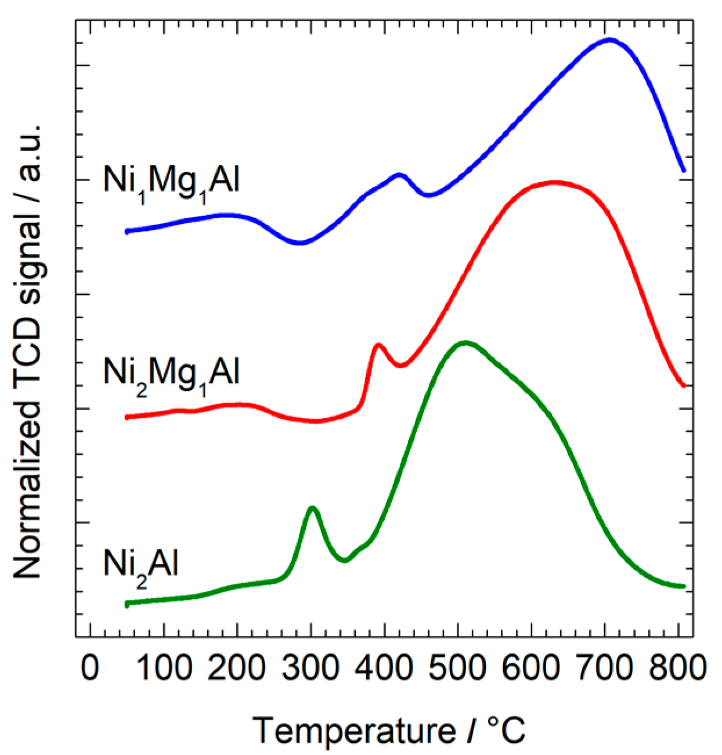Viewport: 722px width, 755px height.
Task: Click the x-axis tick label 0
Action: click(90, 669)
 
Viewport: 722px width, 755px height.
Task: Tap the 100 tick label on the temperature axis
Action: click(164, 669)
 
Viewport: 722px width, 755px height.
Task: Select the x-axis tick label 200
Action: click(237, 669)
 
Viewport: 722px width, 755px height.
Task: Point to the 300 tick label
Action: click(311, 669)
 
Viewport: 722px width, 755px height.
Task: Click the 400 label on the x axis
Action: click(384, 669)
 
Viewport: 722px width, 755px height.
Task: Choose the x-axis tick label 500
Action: click(458, 669)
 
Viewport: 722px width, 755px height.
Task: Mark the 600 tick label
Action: click(531, 669)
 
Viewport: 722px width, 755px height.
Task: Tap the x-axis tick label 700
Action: click(605, 669)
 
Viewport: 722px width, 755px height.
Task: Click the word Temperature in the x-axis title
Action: click(355, 730)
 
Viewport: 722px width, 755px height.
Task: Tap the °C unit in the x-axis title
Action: click(506, 729)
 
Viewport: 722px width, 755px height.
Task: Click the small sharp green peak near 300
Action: click(313, 508)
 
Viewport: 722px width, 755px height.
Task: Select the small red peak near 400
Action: click(378, 345)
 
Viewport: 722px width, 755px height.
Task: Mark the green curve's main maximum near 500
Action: click(465, 342)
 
